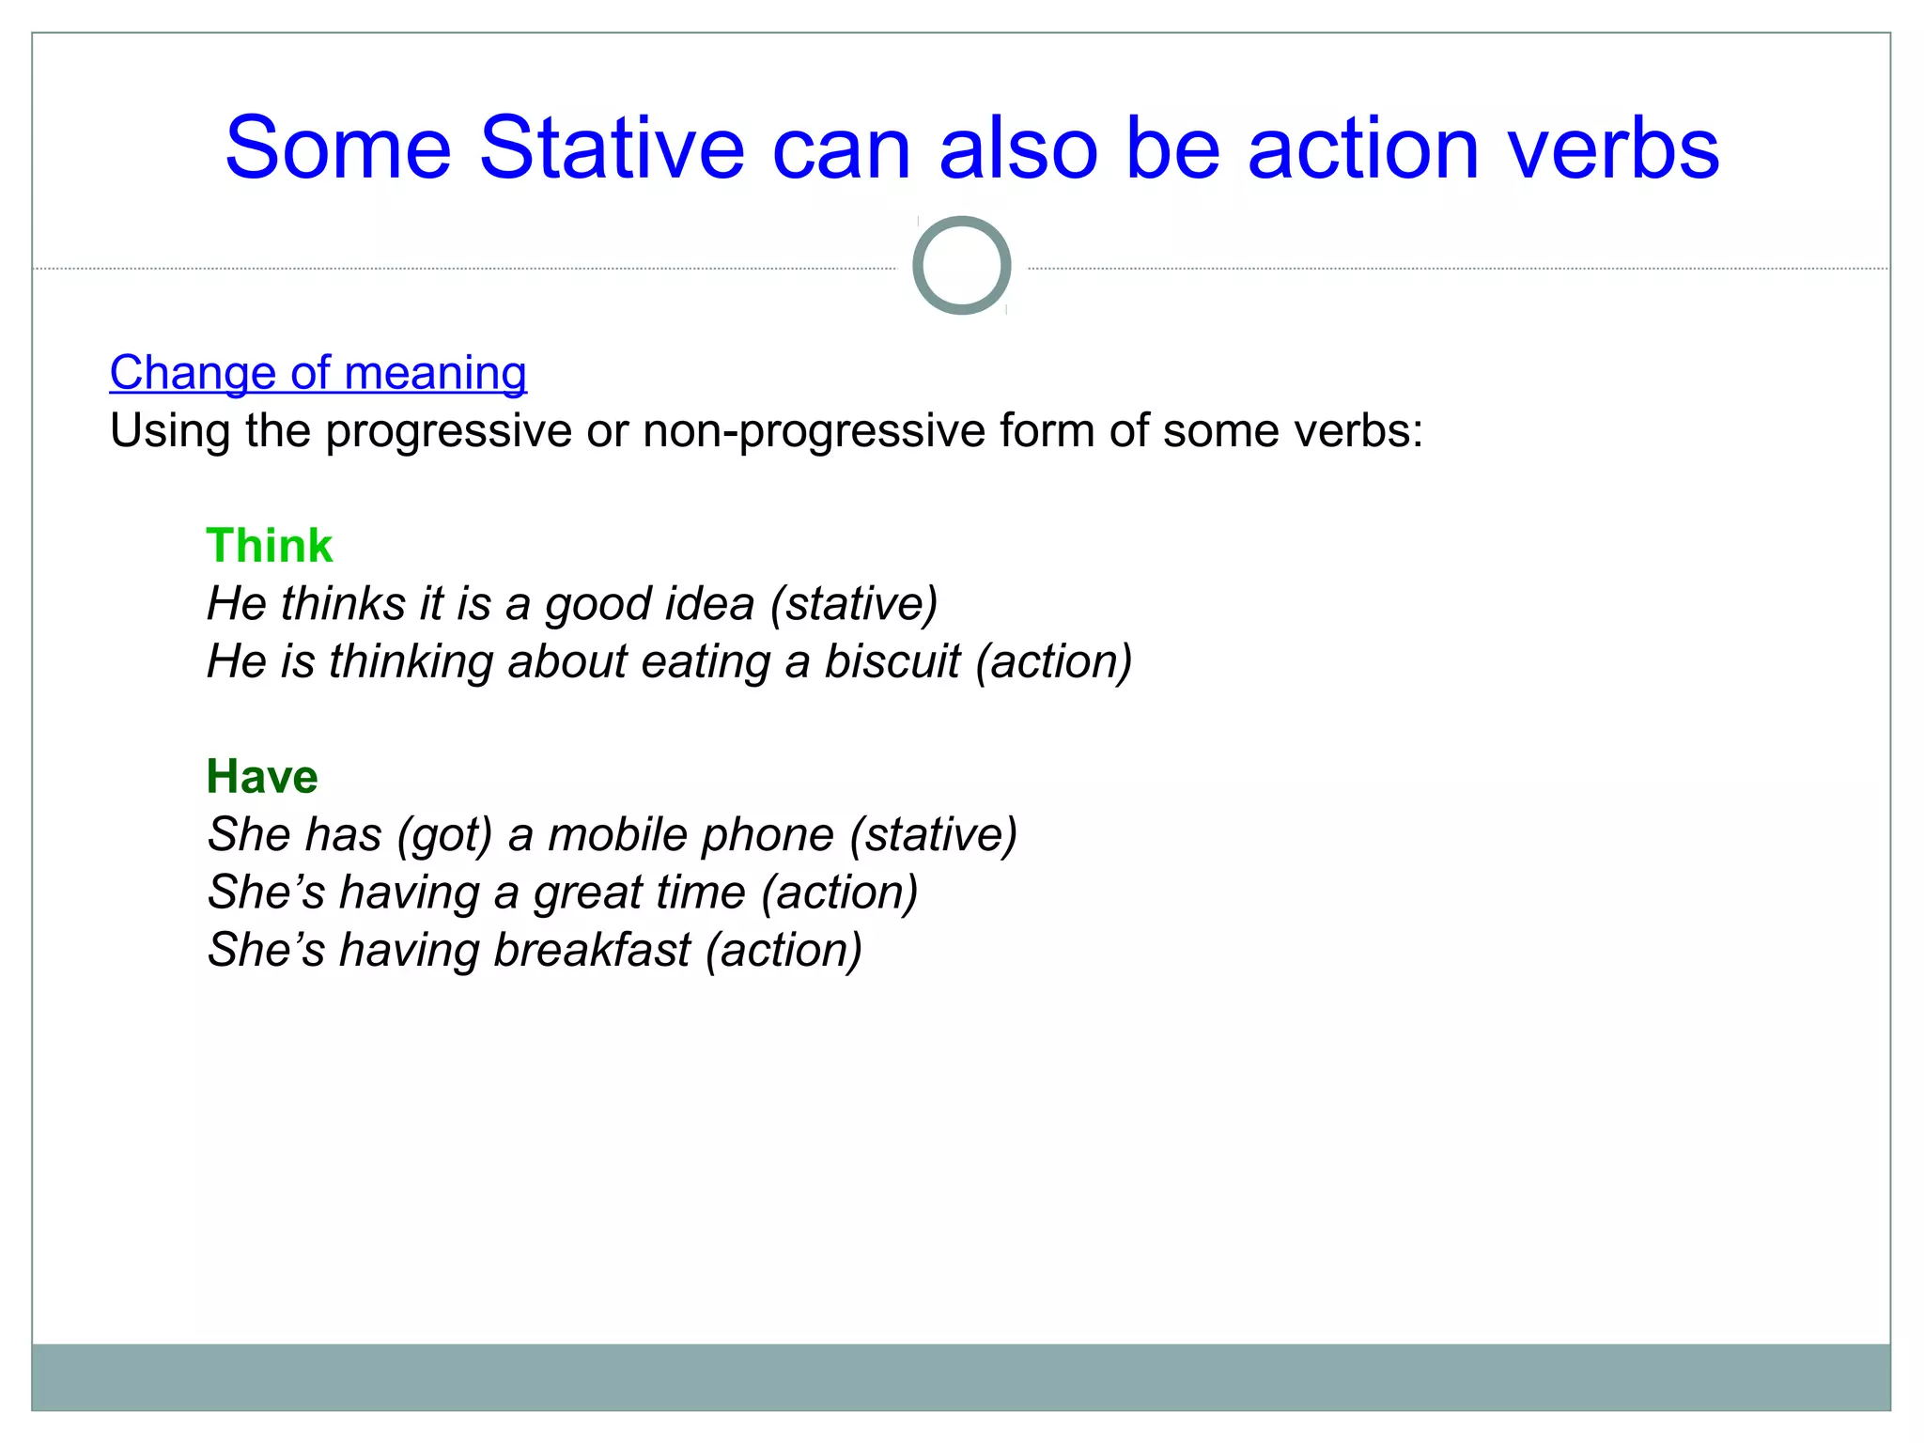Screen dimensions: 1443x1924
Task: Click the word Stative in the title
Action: tap(612, 147)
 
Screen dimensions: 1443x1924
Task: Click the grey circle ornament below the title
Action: tap(961, 266)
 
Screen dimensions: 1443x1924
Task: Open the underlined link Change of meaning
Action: tap(318, 372)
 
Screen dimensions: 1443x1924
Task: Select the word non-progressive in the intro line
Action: tap(813, 431)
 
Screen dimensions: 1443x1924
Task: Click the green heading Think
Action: tap(269, 546)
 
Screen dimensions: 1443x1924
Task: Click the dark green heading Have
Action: tap(262, 777)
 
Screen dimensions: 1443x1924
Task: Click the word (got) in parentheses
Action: tap(444, 835)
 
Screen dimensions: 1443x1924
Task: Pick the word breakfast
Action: tap(592, 950)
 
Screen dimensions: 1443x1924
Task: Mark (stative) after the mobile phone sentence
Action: tap(933, 835)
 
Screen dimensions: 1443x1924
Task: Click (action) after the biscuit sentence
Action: tap(1053, 661)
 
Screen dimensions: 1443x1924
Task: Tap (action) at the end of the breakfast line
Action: tap(784, 950)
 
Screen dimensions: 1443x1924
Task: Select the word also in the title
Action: tap(1018, 147)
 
